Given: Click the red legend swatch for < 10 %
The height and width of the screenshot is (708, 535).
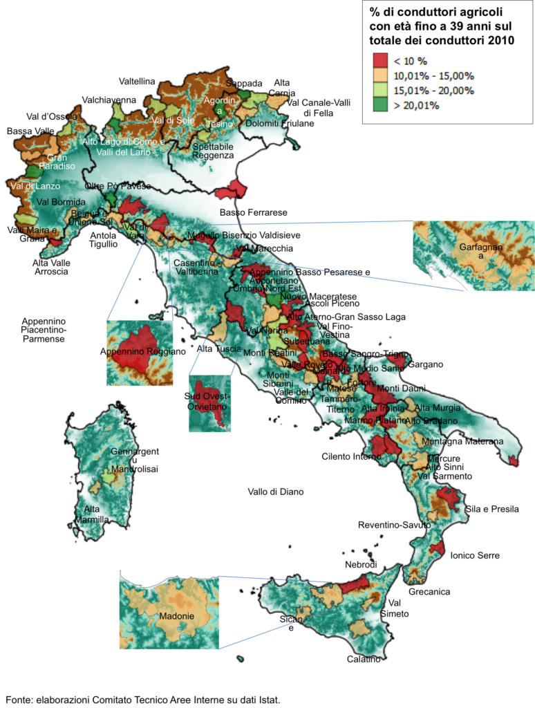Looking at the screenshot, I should coord(382,61).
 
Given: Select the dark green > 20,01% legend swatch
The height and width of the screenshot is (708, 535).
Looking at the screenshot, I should coord(382,105).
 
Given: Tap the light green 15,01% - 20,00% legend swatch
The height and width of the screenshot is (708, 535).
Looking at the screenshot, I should coord(382,91).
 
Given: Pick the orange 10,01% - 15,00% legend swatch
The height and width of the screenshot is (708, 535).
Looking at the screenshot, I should coord(382,76).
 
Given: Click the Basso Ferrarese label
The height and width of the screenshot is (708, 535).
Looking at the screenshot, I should coord(253,212).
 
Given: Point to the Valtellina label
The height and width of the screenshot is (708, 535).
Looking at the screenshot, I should coord(137,81).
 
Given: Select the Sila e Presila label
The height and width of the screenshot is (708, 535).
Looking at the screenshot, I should coord(492,509).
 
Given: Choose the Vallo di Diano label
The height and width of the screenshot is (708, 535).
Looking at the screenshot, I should coord(276,492).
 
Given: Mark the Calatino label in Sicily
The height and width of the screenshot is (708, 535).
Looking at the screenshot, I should coord(364,659).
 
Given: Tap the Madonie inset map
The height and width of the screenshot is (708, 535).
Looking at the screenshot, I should coord(169,613).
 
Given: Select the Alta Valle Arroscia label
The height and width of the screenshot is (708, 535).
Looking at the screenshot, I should coord(52,267).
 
